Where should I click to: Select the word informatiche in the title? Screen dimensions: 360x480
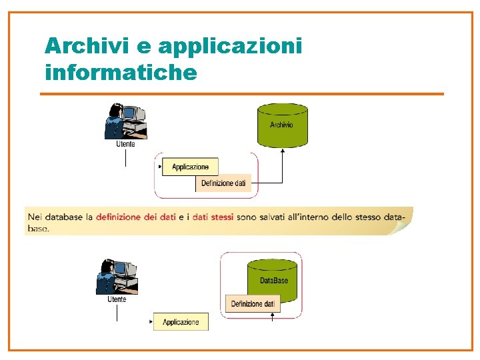[x=121, y=72]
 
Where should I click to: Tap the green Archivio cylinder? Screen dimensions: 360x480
[x=282, y=125]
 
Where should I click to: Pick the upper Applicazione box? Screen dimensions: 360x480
[x=190, y=167]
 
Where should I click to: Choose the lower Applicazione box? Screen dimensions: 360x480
[x=181, y=322]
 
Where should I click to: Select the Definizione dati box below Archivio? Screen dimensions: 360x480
[x=223, y=183]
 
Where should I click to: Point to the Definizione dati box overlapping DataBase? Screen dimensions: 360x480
[x=253, y=304]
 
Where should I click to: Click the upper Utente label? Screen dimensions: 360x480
[x=125, y=144]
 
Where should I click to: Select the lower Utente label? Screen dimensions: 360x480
[x=117, y=300]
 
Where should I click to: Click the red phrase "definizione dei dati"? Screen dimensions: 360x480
[x=136, y=217]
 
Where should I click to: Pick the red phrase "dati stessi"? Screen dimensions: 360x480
[x=213, y=217]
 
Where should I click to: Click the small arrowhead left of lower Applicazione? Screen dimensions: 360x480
[x=151, y=322]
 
